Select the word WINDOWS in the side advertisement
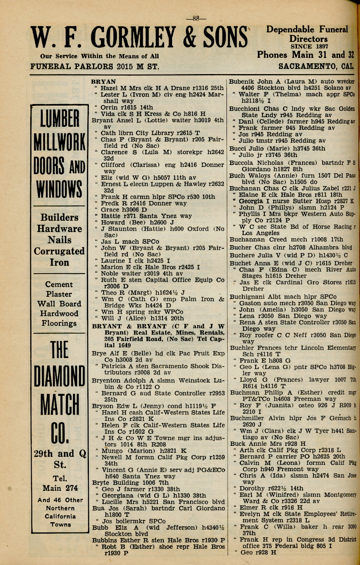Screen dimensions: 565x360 pyautogui.click(x=59, y=189)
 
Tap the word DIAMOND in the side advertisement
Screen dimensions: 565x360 pyautogui.click(x=59, y=376)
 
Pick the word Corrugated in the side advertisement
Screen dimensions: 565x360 pyautogui.click(x=59, y=251)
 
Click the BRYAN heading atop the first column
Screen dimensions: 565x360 pyautogui.click(x=104, y=81)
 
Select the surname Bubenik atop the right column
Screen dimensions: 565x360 pyautogui.click(x=242, y=81)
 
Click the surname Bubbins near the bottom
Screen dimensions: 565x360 pyautogui.click(x=106, y=540)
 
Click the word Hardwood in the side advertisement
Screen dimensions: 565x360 pyautogui.click(x=59, y=313)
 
